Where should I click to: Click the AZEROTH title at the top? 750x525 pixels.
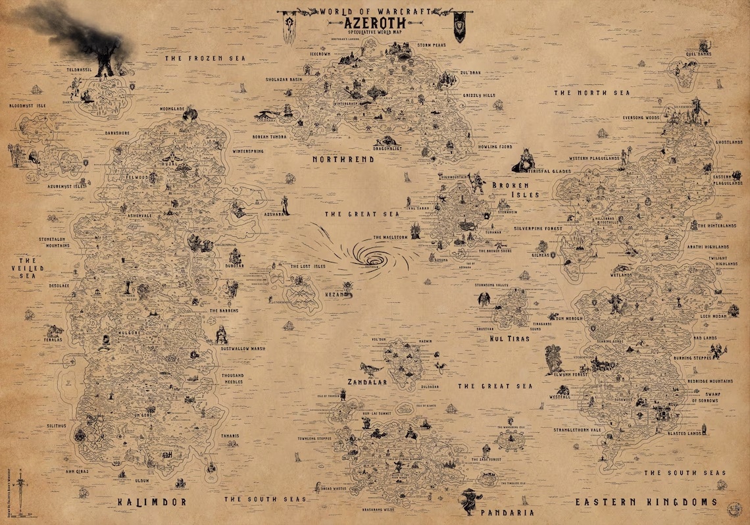tap(374, 21)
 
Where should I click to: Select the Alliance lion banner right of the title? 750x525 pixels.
tap(460, 27)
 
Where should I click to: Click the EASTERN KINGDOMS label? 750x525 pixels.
tap(647, 502)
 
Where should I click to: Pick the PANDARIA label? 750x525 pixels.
tap(507, 512)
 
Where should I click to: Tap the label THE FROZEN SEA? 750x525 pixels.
tap(204, 59)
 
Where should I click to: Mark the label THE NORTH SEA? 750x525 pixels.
tap(591, 93)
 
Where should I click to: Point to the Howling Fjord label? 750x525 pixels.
tap(495, 147)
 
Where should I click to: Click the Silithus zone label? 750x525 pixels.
tap(57, 426)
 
